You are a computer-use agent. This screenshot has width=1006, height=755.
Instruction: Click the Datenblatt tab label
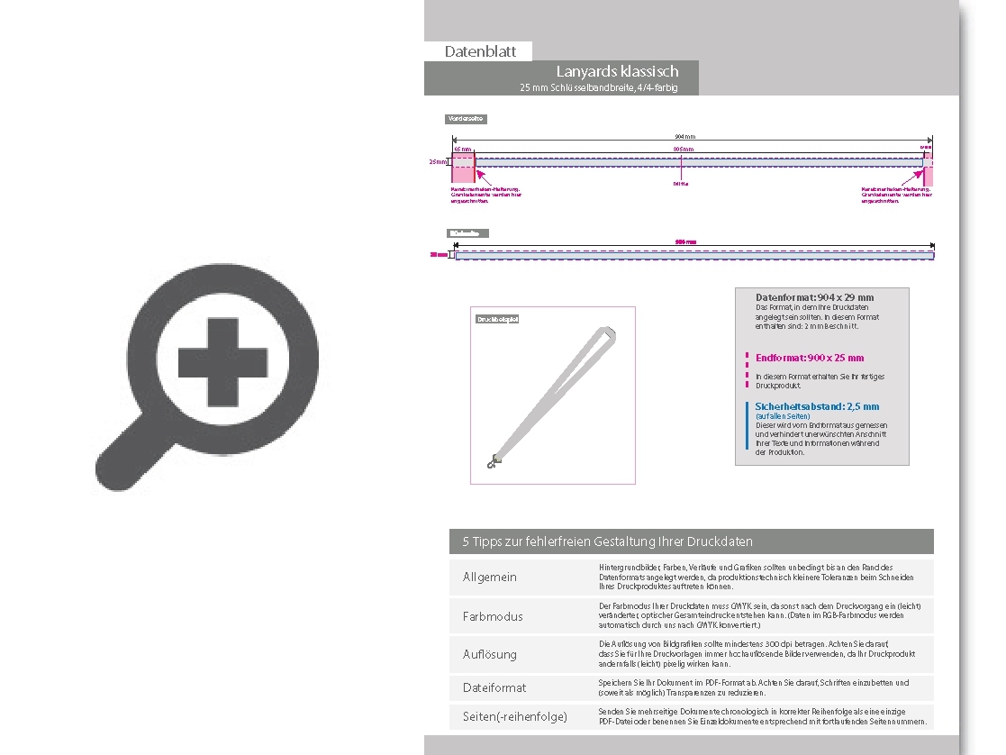480,51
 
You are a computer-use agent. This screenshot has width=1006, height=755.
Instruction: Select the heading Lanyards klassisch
617,71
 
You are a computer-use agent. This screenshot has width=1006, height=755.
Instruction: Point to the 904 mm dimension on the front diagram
685,136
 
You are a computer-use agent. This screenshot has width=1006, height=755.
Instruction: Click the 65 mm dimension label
462,149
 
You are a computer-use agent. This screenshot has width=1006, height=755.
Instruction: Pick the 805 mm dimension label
684,149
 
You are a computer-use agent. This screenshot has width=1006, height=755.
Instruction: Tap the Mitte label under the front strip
681,183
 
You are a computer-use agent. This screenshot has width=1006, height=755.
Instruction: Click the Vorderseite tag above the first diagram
467,119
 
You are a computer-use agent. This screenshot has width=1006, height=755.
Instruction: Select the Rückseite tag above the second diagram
468,233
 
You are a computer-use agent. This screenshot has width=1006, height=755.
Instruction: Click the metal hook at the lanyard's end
492,462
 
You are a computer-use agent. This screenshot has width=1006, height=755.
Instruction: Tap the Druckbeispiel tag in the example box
497,319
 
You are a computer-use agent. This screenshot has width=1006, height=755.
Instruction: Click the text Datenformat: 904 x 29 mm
814,297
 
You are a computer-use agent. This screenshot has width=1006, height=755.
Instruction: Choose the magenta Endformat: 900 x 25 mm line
810,358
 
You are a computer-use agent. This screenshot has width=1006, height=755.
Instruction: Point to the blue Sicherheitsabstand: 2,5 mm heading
817,406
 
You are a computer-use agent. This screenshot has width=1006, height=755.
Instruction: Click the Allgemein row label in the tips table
490,578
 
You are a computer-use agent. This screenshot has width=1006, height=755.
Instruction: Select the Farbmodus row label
493,617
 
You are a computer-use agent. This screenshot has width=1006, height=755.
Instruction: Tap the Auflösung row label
490,655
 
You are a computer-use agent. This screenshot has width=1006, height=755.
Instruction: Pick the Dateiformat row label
494,688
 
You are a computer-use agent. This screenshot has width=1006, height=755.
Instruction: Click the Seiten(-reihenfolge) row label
515,717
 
